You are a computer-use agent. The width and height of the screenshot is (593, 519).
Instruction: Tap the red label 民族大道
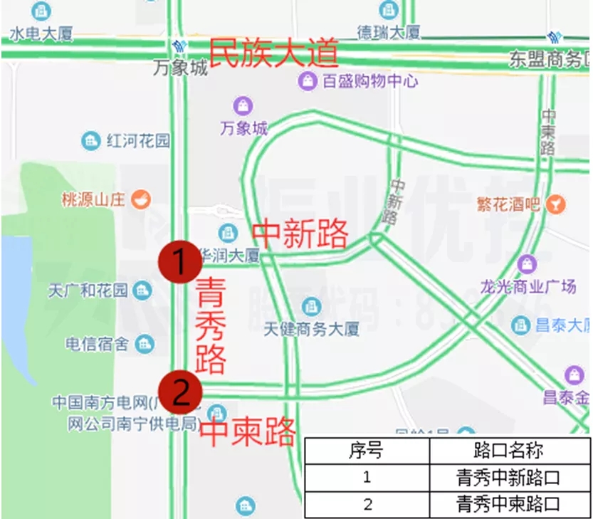coord(273,54)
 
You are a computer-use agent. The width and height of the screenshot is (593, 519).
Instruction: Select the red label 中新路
coord(300,234)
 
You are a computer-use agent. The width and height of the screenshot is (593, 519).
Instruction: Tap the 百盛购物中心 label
coord(369,80)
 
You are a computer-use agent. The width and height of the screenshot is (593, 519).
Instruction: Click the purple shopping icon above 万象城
coord(244,106)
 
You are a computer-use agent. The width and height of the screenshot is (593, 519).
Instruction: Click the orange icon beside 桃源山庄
coord(140,199)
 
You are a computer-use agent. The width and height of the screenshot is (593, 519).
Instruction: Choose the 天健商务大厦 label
coord(312,328)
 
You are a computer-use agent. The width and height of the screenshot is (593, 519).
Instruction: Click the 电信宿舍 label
coord(97,345)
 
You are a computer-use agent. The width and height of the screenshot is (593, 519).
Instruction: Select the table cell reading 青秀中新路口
coord(508,477)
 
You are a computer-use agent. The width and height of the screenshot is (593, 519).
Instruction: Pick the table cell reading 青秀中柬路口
coord(508,504)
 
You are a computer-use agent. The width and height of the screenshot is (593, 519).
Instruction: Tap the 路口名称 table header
coord(508,450)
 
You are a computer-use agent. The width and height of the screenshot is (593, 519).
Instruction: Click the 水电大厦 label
coord(41,33)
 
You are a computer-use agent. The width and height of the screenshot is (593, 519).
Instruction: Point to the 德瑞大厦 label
coord(389,32)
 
